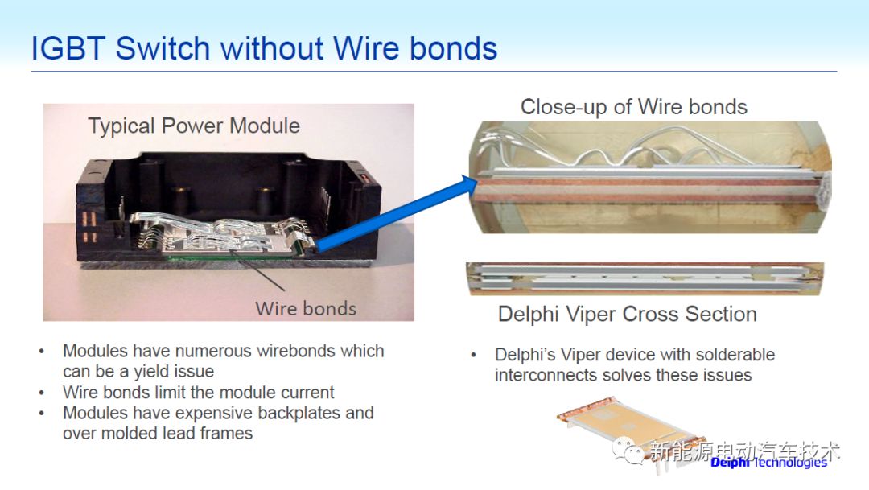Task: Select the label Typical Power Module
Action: tap(194, 126)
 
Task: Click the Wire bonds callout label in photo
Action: tap(306, 308)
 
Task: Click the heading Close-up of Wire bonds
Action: tap(633, 107)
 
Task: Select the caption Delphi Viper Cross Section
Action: tap(628, 314)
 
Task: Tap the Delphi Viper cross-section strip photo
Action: tap(645, 278)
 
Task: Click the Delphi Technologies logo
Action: tap(768, 462)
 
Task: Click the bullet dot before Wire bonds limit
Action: tap(42, 393)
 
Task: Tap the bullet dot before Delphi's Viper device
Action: tap(475, 356)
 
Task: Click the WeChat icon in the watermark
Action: tap(628, 451)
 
